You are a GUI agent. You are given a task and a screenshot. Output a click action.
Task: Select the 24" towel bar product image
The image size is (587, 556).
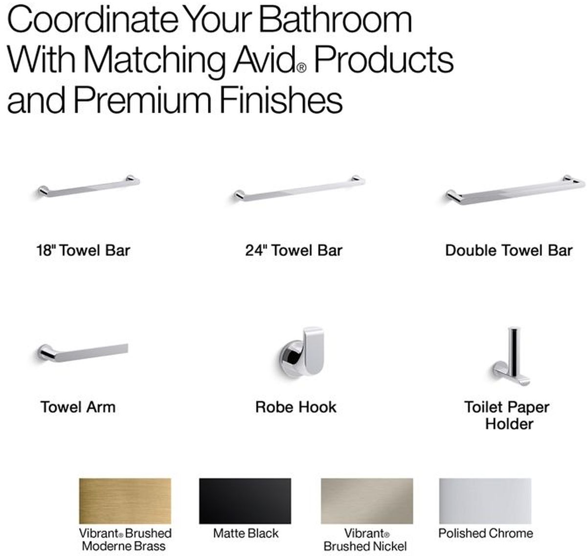tap(299, 188)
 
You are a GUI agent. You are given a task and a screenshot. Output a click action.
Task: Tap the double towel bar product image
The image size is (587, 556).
tap(515, 190)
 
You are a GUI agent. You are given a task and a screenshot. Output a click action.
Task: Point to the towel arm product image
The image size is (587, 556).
tap(83, 353)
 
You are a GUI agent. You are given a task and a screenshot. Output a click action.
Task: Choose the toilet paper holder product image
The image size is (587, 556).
tap(511, 356)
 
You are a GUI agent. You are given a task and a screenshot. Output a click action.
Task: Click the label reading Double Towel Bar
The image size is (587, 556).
tap(509, 251)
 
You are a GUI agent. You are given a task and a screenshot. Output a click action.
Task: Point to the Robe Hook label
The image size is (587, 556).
tap(295, 407)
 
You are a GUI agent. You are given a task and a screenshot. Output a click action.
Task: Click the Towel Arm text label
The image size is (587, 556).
tap(78, 407)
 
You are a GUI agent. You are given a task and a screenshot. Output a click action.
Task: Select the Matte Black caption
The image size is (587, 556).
tap(246, 533)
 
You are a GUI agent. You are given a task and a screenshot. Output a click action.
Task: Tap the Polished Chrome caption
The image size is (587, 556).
tap(485, 533)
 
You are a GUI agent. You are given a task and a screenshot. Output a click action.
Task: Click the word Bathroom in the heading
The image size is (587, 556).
tap(335, 20)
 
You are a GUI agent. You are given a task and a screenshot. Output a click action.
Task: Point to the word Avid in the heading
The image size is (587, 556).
tap(264, 59)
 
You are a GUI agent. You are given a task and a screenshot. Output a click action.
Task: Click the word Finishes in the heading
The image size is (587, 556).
tap(281, 99)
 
